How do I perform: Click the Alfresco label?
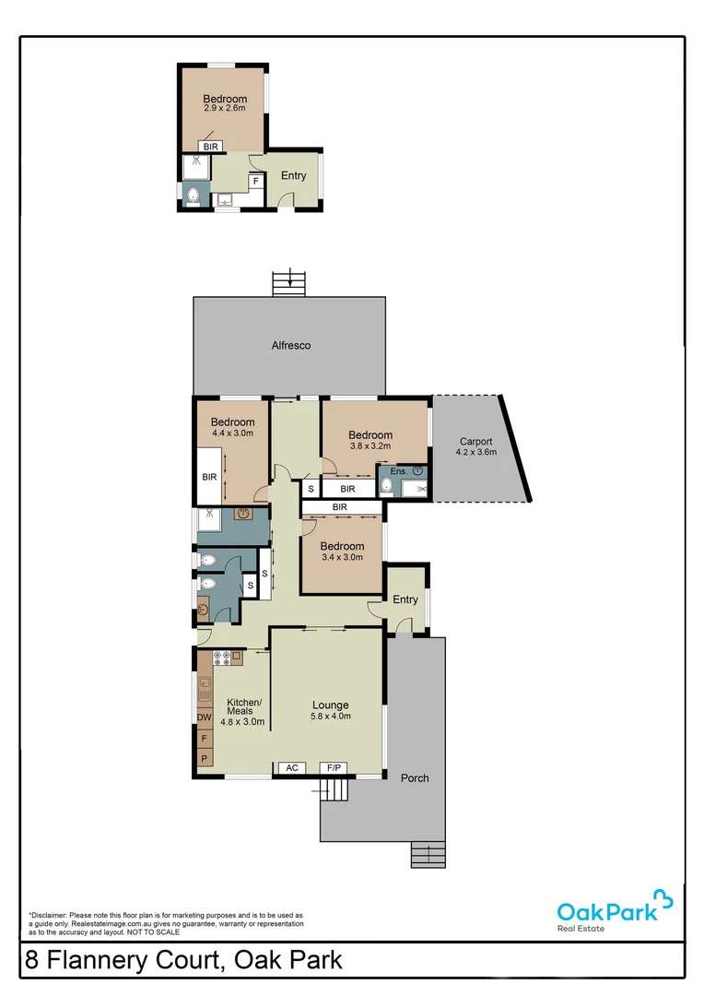pyautogui.click(x=290, y=346)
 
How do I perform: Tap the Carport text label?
pyautogui.click(x=475, y=442)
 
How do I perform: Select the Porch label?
pyautogui.click(x=415, y=777)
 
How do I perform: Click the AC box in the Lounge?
pyautogui.click(x=292, y=767)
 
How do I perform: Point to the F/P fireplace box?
pyautogui.click(x=332, y=767)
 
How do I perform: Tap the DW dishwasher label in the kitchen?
pyautogui.click(x=204, y=717)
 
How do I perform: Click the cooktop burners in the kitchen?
pyautogui.click(x=222, y=658)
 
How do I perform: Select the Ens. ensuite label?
pyautogui.click(x=398, y=471)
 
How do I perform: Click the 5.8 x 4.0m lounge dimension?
pyautogui.click(x=330, y=717)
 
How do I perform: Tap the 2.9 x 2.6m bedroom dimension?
pyautogui.click(x=225, y=109)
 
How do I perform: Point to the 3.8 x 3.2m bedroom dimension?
pyautogui.click(x=370, y=445)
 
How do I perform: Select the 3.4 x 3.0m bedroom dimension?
pyautogui.click(x=341, y=557)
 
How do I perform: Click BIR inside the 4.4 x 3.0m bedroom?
pyautogui.click(x=209, y=477)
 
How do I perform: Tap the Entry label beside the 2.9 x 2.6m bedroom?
pyautogui.click(x=294, y=176)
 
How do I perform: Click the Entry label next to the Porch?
pyautogui.click(x=405, y=599)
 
